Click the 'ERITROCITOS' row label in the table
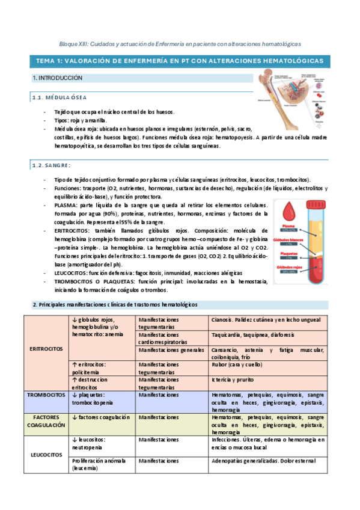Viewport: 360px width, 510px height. tap(46, 349)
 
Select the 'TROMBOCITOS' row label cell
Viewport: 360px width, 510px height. tap(46, 395)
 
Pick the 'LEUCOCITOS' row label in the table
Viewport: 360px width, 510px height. tap(46, 454)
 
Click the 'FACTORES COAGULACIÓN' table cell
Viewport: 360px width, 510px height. tap(46, 420)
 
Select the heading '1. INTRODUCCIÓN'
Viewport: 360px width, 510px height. tap(58, 78)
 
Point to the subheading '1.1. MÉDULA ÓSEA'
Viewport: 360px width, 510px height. tap(59, 97)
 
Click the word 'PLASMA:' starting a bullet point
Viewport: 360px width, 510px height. tap(64, 204)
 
